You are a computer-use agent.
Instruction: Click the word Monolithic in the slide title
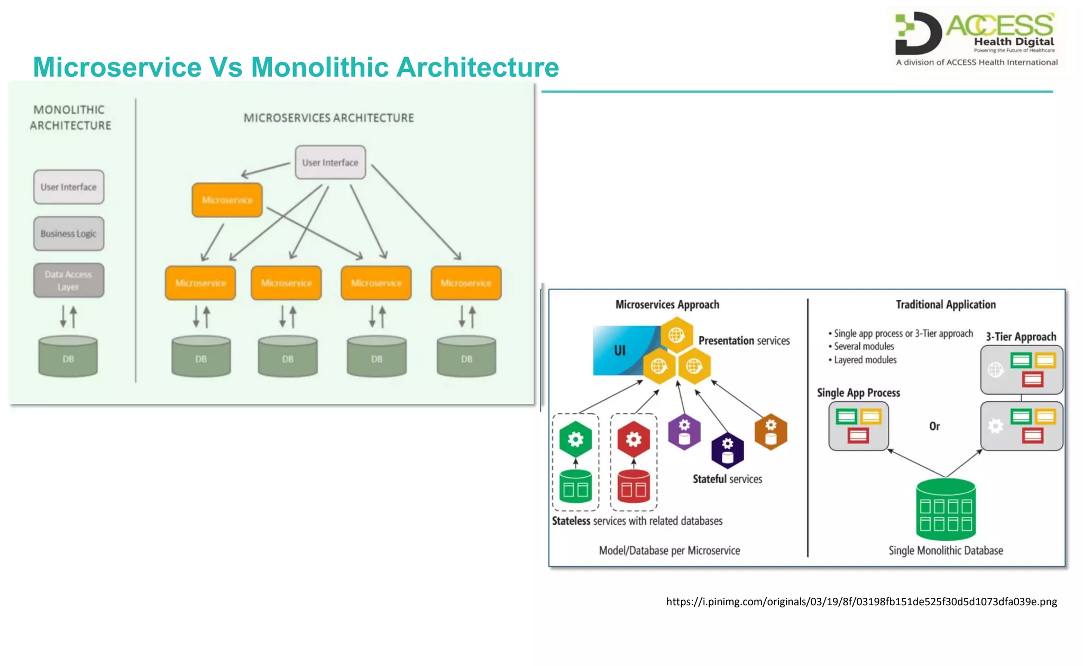(x=319, y=68)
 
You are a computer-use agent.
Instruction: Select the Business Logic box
(x=69, y=234)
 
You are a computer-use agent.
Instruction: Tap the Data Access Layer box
(x=69, y=281)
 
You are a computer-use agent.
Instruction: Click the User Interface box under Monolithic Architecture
(x=69, y=187)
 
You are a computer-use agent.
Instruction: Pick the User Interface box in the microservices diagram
(x=330, y=163)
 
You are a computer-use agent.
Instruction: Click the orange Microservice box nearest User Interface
(x=227, y=200)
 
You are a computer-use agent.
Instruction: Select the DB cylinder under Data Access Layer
(x=68, y=357)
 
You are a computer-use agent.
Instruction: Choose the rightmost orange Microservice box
(x=466, y=283)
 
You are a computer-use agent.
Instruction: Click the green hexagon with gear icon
(x=575, y=439)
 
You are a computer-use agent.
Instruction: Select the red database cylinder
(x=634, y=486)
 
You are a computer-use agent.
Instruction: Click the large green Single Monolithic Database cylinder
(x=946, y=510)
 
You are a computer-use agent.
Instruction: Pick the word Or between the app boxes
(x=934, y=426)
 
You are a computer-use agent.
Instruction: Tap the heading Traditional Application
(x=946, y=304)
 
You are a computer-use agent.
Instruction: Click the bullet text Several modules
(x=864, y=347)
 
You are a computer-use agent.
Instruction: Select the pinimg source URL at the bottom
(x=861, y=602)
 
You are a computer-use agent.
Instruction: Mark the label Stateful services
(x=727, y=479)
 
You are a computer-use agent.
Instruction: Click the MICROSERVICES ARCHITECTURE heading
(x=328, y=118)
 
